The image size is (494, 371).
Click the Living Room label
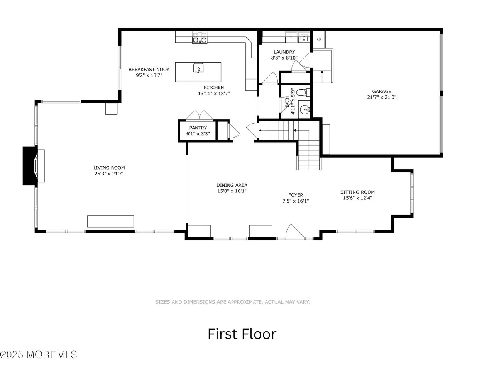coord(109,168)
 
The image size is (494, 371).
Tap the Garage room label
coord(381,91)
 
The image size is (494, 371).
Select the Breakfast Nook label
coord(149,70)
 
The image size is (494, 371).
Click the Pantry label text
coord(198,128)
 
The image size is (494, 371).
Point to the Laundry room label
coord(284,52)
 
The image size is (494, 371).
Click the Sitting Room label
coord(357,192)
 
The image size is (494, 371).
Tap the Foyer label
coord(296,195)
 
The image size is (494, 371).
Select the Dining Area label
coord(232,185)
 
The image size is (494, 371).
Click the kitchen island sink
coord(198,68)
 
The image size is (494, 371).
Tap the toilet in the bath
coord(303,92)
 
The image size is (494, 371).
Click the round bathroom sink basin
coord(305,110)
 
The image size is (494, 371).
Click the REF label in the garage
coord(319,39)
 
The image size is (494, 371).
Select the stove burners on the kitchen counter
coord(200,37)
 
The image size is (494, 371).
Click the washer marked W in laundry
coord(304,37)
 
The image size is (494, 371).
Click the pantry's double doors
coord(200,115)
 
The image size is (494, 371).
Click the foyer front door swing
coord(294,231)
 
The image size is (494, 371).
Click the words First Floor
coord(242,334)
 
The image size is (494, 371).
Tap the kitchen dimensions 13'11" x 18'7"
coord(213,93)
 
